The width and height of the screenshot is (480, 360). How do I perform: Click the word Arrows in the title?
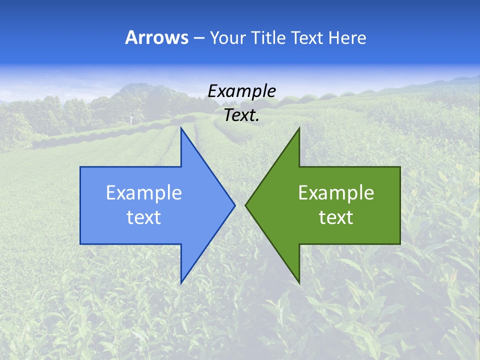(156, 38)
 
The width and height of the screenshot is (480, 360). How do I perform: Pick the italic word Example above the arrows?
(241, 91)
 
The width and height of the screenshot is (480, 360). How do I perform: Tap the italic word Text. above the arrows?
(241, 115)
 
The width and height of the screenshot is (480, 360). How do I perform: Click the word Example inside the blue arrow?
(144, 193)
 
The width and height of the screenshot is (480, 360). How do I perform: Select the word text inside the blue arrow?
(144, 217)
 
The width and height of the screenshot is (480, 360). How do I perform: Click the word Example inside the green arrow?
(336, 193)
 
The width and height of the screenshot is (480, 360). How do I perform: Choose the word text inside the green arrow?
(336, 217)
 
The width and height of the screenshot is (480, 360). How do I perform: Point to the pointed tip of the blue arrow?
(235, 205)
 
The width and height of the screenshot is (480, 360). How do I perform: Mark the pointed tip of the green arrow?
(245, 205)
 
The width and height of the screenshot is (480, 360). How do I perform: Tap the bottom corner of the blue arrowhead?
(181, 283)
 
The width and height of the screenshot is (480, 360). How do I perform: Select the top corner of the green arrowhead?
(299, 127)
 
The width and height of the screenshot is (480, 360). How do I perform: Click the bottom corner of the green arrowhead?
(299, 283)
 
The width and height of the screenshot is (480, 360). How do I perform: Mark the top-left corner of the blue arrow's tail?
(80, 167)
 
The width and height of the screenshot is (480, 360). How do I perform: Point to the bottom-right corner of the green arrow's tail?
(400, 244)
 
